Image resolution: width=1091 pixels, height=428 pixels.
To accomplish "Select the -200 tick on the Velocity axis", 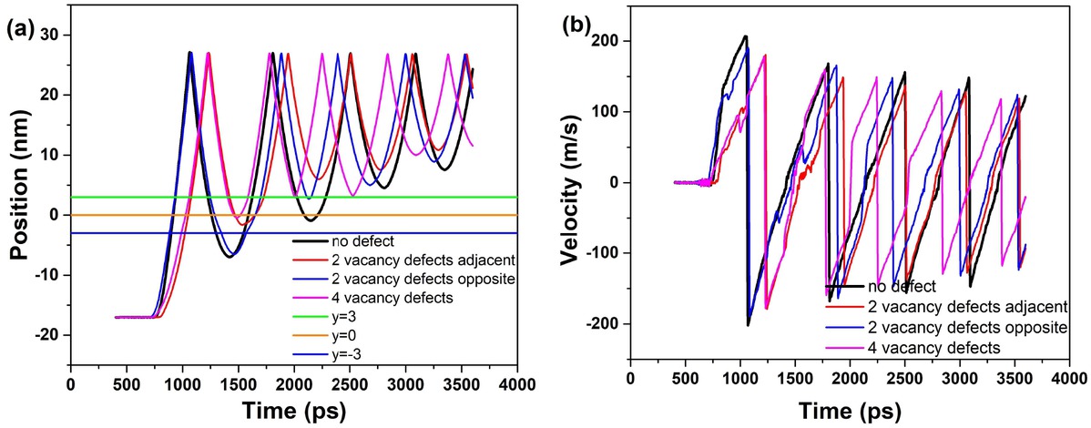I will coord(602,324).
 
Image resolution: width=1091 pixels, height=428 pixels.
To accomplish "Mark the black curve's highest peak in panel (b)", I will coord(745,36).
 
